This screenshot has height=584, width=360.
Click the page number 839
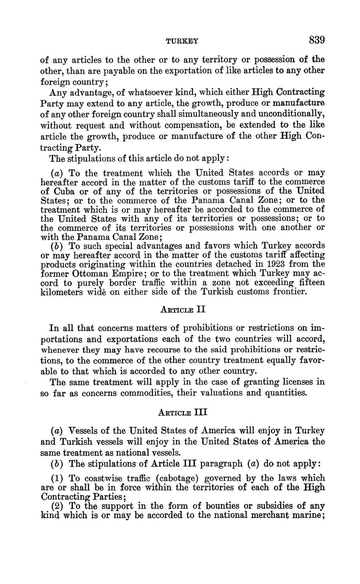pyautogui.click(x=316, y=40)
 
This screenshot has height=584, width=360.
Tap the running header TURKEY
pyautogui.click(x=182, y=41)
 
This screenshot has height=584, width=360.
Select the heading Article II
pyautogui.click(x=183, y=309)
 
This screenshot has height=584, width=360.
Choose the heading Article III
pyautogui.click(x=183, y=412)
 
